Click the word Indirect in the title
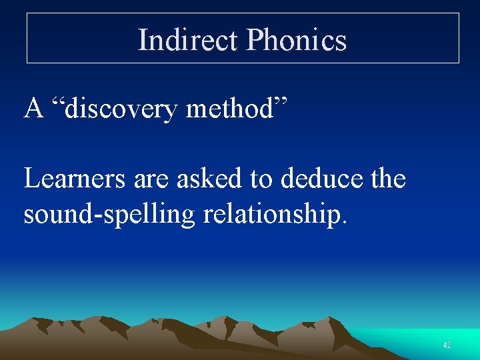(x=187, y=39)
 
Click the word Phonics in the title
(x=296, y=39)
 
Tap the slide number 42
(x=447, y=345)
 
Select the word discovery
(x=122, y=107)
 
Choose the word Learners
(x=71, y=179)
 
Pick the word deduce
(x=321, y=179)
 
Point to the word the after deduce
(x=387, y=179)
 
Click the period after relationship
(x=344, y=223)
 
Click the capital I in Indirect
(x=143, y=39)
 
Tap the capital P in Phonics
(x=254, y=39)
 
